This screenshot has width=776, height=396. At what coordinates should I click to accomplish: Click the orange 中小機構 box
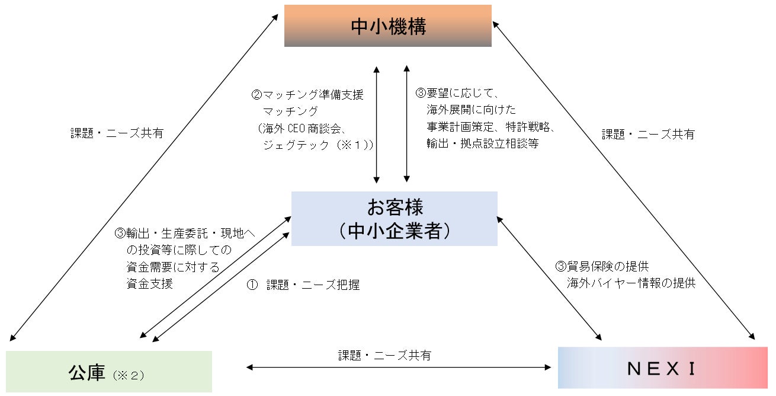coord(388,26)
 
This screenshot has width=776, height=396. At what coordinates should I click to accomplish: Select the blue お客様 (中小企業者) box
coord(395,218)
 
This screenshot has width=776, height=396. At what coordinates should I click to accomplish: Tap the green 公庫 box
coord(109,372)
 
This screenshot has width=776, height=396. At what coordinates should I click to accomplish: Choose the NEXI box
coord(662,368)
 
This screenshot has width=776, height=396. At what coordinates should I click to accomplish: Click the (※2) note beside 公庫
coord(128,375)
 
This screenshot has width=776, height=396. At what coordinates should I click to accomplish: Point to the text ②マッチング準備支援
coord(307,94)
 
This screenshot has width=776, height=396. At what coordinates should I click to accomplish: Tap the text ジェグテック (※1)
coord(318,145)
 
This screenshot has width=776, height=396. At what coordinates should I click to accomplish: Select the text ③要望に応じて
coord(458,94)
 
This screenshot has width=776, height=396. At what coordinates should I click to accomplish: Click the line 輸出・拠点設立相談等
coord(482,143)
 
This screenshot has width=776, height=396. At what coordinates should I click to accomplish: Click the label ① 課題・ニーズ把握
coord(303,285)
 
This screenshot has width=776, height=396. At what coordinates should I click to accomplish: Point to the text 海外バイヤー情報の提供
coord(631,283)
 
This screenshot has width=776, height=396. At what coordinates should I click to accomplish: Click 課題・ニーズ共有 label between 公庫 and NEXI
coord(384,356)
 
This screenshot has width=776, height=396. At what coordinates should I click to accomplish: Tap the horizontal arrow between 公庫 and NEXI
coord(398,368)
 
